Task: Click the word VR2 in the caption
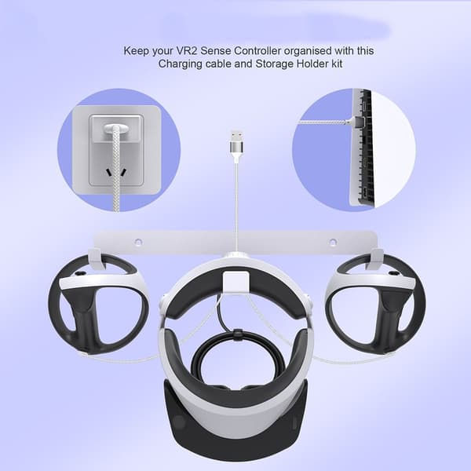[x=187, y=51]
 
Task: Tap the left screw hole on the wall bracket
[x=138, y=242]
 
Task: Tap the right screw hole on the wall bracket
[x=333, y=242]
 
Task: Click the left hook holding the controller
[x=96, y=258]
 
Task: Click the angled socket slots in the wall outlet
[x=115, y=173]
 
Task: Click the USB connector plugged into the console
[x=358, y=122]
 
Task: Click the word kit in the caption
[x=337, y=64]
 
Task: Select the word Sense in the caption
[x=216, y=51]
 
